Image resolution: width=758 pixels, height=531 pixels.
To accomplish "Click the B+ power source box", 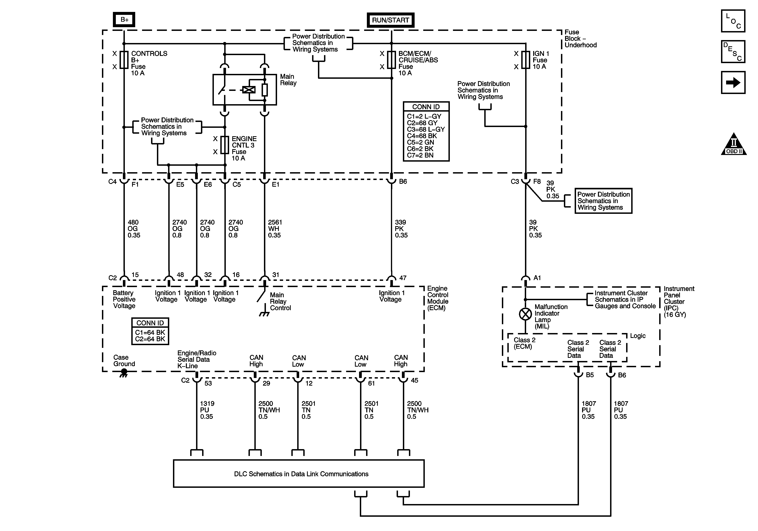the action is click(124, 20).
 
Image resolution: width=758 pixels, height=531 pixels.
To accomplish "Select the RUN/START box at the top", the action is click(391, 20).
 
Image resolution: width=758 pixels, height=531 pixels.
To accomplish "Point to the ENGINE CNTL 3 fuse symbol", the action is click(225, 145).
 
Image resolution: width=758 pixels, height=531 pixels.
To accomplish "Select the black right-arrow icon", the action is click(733, 82).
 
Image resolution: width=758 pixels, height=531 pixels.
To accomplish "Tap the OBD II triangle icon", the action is click(734, 144).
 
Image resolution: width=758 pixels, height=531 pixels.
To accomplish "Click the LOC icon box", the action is click(733, 21).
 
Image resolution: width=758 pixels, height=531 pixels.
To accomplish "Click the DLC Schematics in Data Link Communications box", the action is click(299, 474).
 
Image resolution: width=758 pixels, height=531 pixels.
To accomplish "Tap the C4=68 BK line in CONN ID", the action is click(422, 136).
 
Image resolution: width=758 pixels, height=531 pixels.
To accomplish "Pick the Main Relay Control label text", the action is click(280, 301).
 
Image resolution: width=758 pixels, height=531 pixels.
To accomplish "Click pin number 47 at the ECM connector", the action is click(403, 278).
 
